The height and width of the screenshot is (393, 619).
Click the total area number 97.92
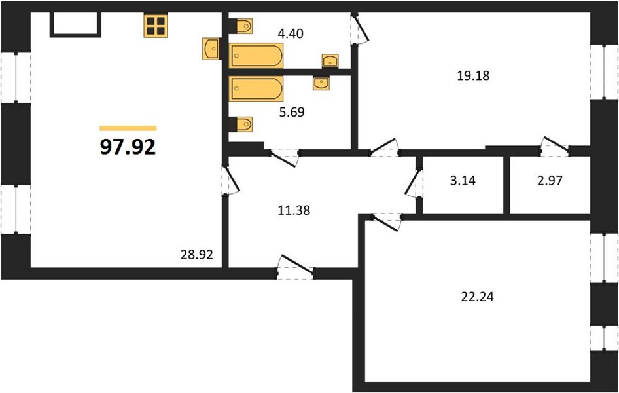(128, 147)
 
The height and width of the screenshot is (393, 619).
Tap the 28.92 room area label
(196, 255)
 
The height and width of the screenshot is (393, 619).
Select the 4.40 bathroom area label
(291, 33)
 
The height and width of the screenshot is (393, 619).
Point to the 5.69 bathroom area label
(292, 112)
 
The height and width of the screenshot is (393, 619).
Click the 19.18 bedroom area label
(473, 75)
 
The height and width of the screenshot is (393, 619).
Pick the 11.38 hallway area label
(294, 210)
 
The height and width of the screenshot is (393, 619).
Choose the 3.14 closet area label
(463, 181)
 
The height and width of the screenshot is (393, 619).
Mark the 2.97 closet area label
(550, 181)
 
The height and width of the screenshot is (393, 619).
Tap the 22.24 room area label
(477, 296)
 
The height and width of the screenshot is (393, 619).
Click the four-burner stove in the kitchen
(156, 26)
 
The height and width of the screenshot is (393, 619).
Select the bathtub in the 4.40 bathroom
(256, 56)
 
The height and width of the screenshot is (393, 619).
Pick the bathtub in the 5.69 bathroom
(256, 88)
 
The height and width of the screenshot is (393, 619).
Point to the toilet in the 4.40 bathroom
(242, 26)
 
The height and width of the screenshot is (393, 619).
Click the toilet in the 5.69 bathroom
(242, 124)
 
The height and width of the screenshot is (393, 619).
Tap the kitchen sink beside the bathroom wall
(211, 49)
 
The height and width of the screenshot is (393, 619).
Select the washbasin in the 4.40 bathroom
(330, 61)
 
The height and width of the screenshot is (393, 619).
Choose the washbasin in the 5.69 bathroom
(321, 83)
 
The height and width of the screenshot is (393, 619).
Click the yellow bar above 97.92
(128, 128)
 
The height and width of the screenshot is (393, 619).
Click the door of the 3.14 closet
(414, 183)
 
